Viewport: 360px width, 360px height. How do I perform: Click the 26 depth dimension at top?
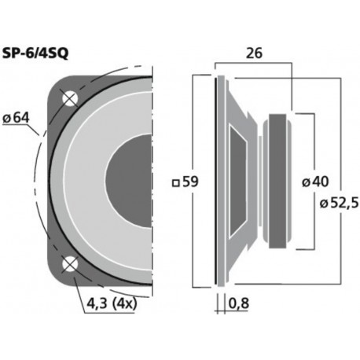pyautogui.click(x=255, y=54)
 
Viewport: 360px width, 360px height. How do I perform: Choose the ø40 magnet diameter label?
pyautogui.click(x=314, y=182)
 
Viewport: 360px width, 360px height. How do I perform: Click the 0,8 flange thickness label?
pyautogui.click(x=240, y=303)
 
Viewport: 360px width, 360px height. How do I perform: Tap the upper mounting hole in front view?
pyautogui.click(x=69, y=99)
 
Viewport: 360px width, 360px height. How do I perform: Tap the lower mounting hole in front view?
pyautogui.click(x=69, y=264)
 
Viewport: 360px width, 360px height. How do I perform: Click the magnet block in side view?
pyautogui.click(x=280, y=182)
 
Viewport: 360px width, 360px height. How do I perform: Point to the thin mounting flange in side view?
pyautogui.click(x=218, y=182)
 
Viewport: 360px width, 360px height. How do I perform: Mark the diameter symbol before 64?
pyautogui.click(x=6, y=118)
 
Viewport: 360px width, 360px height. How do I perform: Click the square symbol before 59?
pyautogui.click(x=174, y=182)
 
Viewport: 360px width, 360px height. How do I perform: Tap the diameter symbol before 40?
pyautogui.click(x=304, y=182)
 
